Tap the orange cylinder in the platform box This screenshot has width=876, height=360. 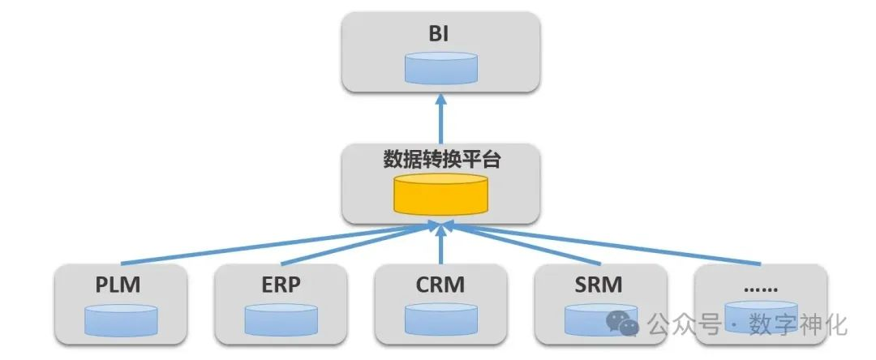pos(440,195)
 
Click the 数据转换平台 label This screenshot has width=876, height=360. pos(440,160)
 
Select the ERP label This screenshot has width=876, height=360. pos(280,286)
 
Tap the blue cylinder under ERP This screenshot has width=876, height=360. pos(280,320)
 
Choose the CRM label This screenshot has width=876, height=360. pos(440,286)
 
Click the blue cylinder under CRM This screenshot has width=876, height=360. pos(440,320)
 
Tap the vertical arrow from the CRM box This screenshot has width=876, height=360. pos(440,247)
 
